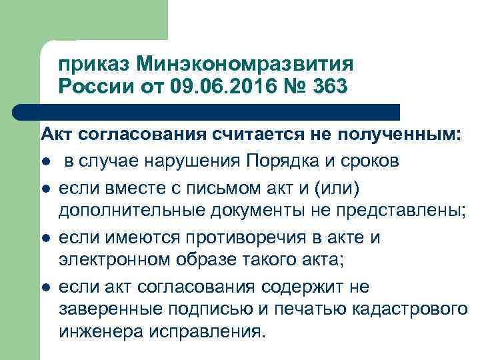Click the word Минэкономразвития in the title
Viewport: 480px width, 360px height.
[x=245, y=65]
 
